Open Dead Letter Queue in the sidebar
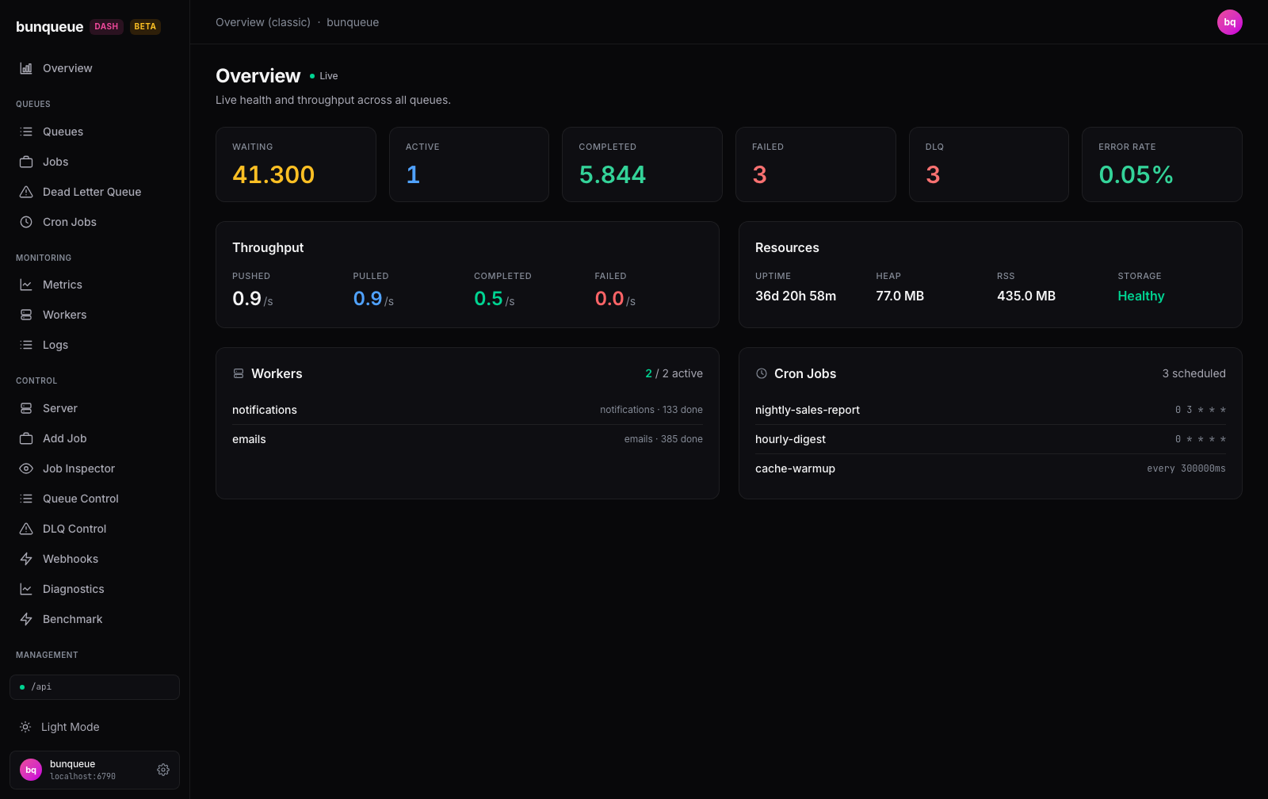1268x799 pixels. click(92, 192)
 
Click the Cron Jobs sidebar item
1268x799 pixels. click(69, 222)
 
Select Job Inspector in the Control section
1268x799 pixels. click(78, 468)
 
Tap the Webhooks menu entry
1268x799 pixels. click(71, 559)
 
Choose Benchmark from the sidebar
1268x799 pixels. click(72, 619)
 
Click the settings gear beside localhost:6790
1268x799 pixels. click(163, 770)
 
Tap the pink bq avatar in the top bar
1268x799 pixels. click(1229, 22)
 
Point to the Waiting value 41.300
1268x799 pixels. click(273, 174)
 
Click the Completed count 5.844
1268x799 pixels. click(612, 174)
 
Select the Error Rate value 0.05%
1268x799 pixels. click(1136, 174)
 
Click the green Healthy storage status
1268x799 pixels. click(1140, 296)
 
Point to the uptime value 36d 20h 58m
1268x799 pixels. click(796, 296)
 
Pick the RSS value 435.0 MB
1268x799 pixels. click(1025, 296)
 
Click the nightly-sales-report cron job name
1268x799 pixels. click(808, 410)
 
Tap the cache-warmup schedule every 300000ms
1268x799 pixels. click(1186, 468)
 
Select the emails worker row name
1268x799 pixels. click(249, 439)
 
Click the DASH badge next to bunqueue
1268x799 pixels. click(106, 27)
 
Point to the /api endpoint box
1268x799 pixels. click(94, 687)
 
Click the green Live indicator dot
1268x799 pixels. click(312, 76)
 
